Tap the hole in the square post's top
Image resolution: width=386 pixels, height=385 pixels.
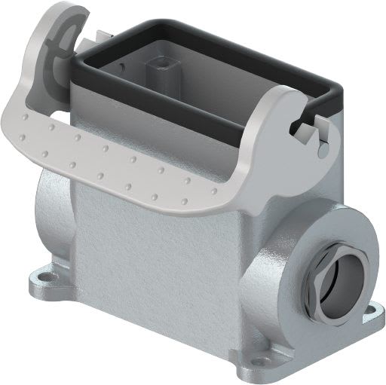click(161, 57)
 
